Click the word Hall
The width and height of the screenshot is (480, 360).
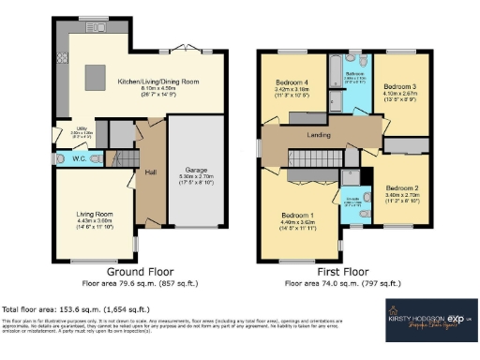(x=149, y=172)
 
